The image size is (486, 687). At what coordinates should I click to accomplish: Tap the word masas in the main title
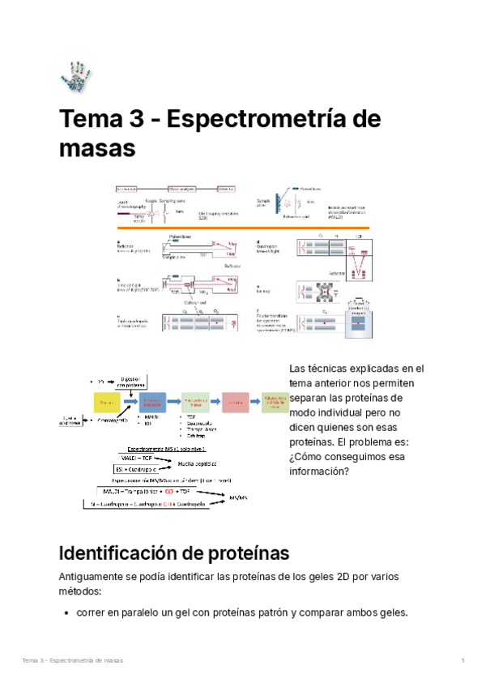click(97, 150)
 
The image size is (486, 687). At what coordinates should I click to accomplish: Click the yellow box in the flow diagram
click(107, 402)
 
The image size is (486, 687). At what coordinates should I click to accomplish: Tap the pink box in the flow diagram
click(235, 402)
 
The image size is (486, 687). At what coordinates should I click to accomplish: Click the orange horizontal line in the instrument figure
click(243, 229)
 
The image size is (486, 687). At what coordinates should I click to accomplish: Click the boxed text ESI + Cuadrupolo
click(139, 468)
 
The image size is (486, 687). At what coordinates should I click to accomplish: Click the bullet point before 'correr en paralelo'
click(66, 612)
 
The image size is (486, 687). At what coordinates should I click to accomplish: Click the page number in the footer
click(462, 661)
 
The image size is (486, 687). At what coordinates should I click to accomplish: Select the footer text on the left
click(73, 661)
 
